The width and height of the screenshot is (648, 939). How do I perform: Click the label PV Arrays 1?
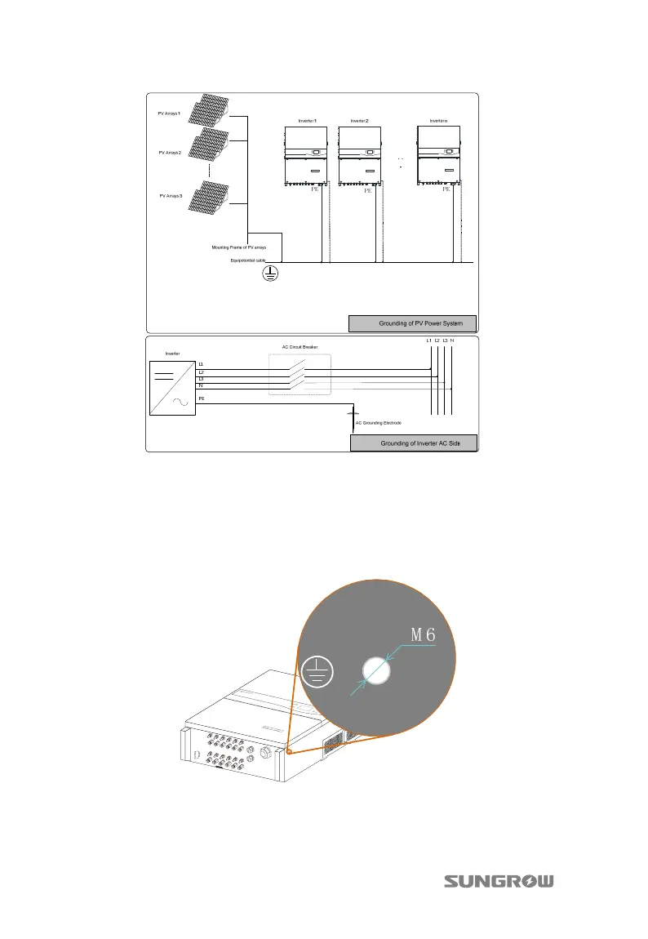(169, 113)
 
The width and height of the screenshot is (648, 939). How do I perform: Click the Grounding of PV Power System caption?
(412, 323)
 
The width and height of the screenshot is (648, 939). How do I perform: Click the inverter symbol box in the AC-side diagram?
(171, 385)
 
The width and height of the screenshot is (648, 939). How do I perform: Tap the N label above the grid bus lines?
(452, 340)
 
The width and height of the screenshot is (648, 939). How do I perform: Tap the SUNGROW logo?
(499, 881)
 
